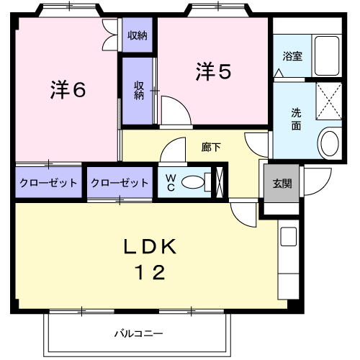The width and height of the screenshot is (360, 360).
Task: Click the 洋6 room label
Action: (x=68, y=89)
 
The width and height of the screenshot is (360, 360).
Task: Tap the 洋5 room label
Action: (x=213, y=71)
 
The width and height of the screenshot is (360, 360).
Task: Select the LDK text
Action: (x=150, y=247)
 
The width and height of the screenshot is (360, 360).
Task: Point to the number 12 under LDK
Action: (x=150, y=272)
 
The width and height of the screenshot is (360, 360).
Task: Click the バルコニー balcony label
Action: (x=138, y=333)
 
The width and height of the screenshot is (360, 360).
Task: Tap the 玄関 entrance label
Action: (x=282, y=184)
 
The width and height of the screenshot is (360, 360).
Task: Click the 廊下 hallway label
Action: (x=211, y=147)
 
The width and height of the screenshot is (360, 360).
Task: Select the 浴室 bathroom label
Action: (x=292, y=56)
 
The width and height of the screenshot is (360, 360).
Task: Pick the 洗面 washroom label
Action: (x=296, y=120)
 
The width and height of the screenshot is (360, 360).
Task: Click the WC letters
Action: (x=171, y=183)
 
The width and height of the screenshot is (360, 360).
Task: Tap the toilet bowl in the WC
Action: (x=193, y=182)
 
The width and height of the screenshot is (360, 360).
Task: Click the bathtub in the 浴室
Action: (x=327, y=56)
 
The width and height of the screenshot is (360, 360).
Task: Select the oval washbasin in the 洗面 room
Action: (x=330, y=143)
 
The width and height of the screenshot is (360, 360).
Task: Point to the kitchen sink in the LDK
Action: (x=289, y=236)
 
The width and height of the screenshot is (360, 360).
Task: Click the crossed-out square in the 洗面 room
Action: (x=329, y=101)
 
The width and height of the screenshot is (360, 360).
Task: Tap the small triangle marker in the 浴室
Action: (x=279, y=73)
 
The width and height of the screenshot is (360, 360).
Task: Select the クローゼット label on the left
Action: (x=48, y=183)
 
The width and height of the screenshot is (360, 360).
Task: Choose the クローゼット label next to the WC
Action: (x=120, y=183)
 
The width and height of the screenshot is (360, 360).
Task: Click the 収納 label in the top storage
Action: (x=138, y=35)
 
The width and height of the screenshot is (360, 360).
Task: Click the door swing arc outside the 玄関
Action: (x=322, y=186)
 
